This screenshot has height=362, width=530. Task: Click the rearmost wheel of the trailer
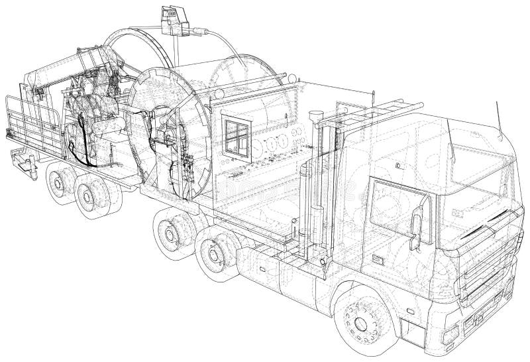click(60, 183)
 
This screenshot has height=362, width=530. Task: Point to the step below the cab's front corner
click(457, 332)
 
